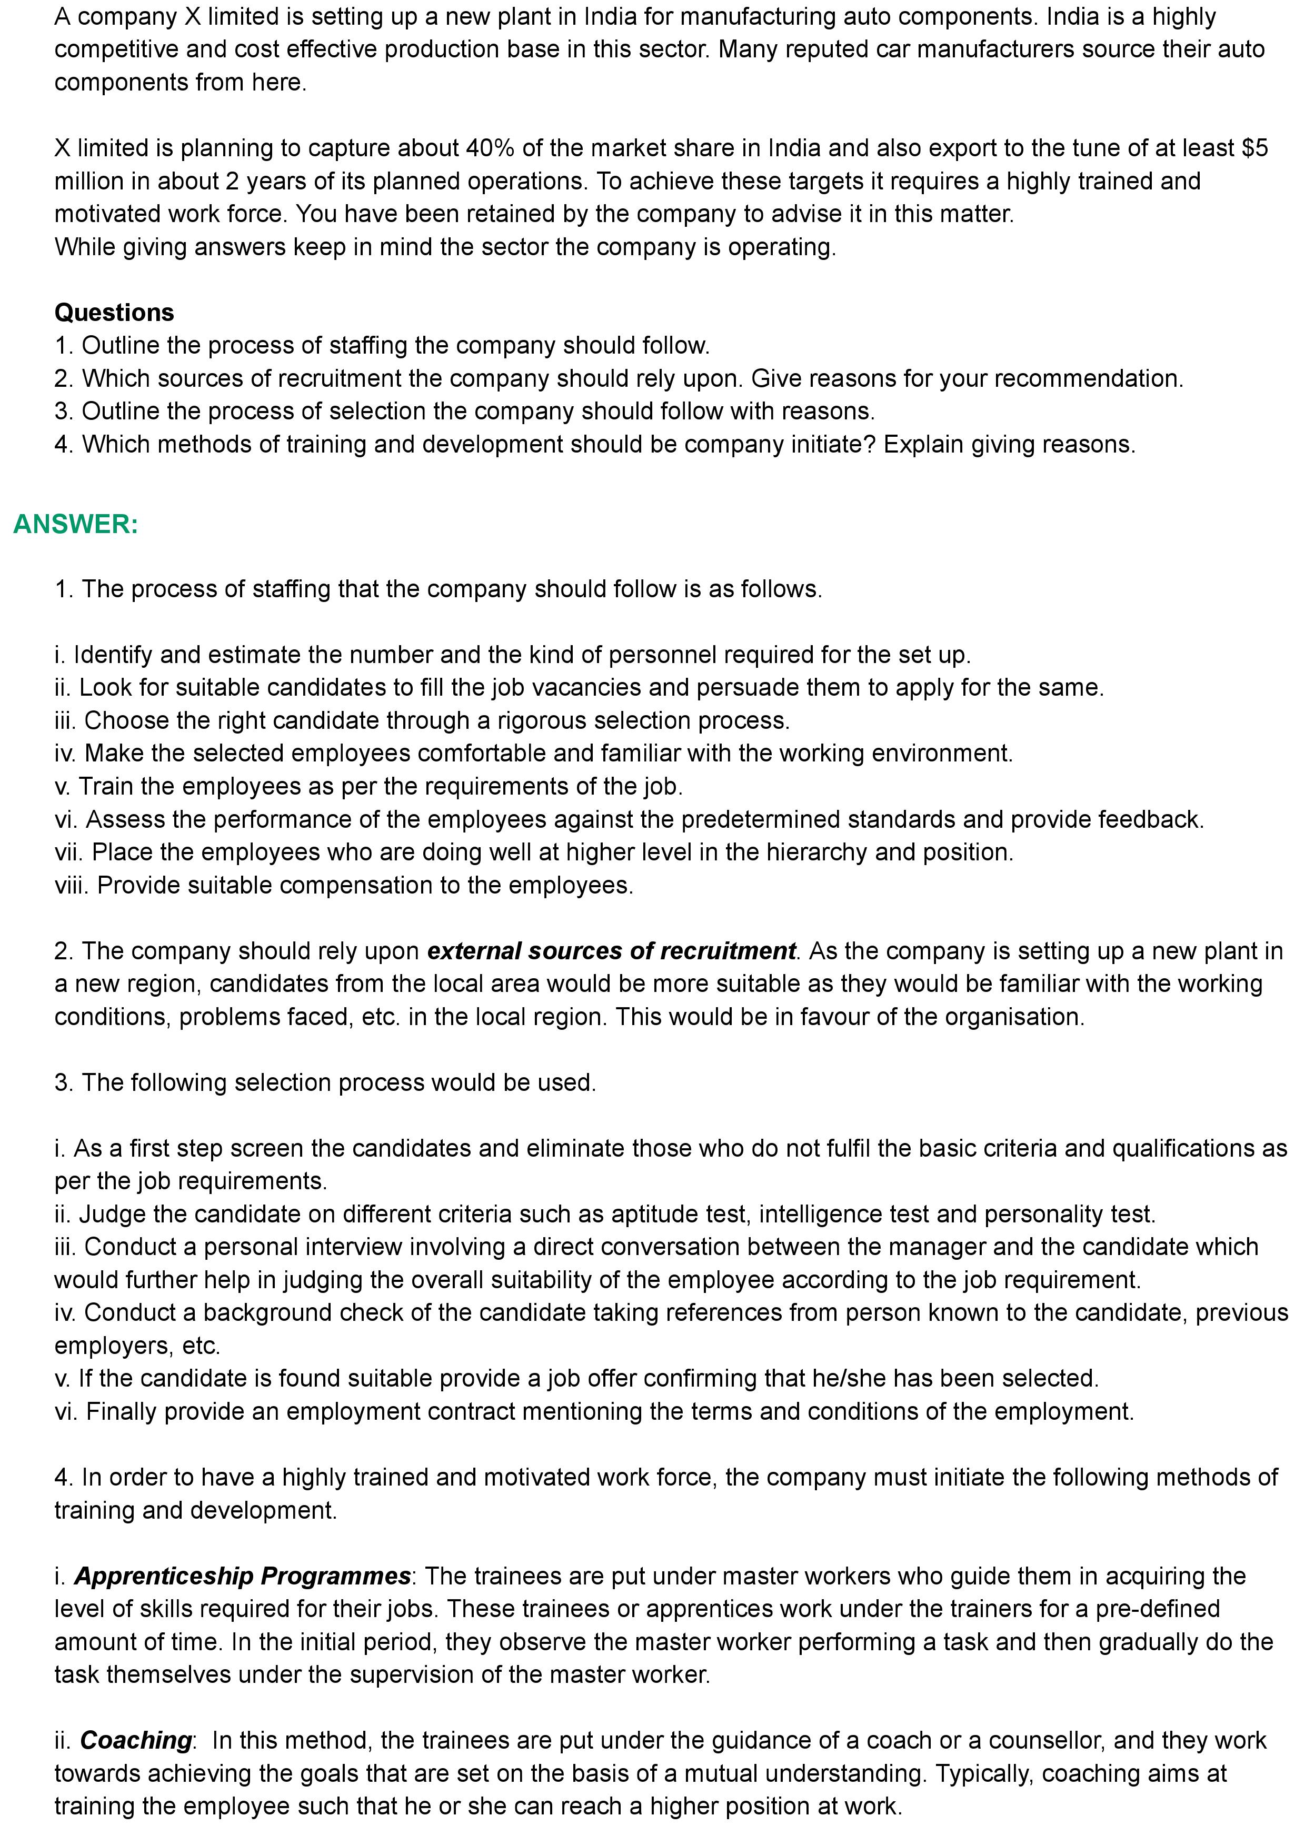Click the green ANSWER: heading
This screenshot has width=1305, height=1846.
(76, 524)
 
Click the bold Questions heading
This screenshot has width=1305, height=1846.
(114, 312)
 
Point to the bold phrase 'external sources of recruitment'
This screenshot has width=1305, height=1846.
(611, 951)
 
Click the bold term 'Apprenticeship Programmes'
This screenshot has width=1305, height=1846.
(242, 1576)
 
